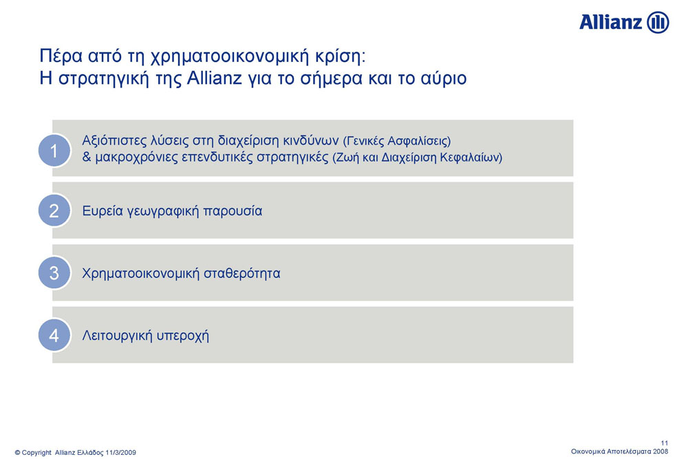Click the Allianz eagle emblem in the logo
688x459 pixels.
[x=658, y=23]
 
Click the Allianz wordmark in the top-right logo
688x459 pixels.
[x=611, y=22]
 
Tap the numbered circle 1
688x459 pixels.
[x=54, y=151]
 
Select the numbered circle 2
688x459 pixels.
[x=54, y=211]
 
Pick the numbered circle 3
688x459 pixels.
[x=54, y=273]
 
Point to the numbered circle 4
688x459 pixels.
[x=54, y=335]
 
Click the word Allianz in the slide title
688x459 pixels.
[x=215, y=78]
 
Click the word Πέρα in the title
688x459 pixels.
[x=61, y=56]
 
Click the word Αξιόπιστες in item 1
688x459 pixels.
[x=114, y=141]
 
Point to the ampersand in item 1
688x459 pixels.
[x=87, y=157]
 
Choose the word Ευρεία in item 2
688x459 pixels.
[x=103, y=211]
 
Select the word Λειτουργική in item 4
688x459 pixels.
[x=118, y=336]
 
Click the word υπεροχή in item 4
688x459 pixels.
[x=183, y=336]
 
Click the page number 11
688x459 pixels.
[x=665, y=443]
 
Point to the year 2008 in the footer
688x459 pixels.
[x=660, y=451]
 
